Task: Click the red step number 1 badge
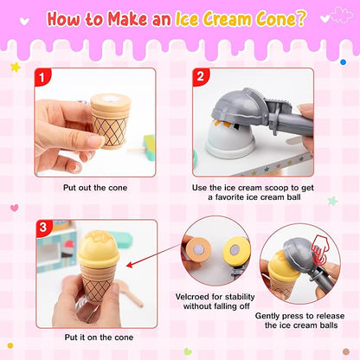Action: tap(41, 76)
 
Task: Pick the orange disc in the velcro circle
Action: tap(198, 251)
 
